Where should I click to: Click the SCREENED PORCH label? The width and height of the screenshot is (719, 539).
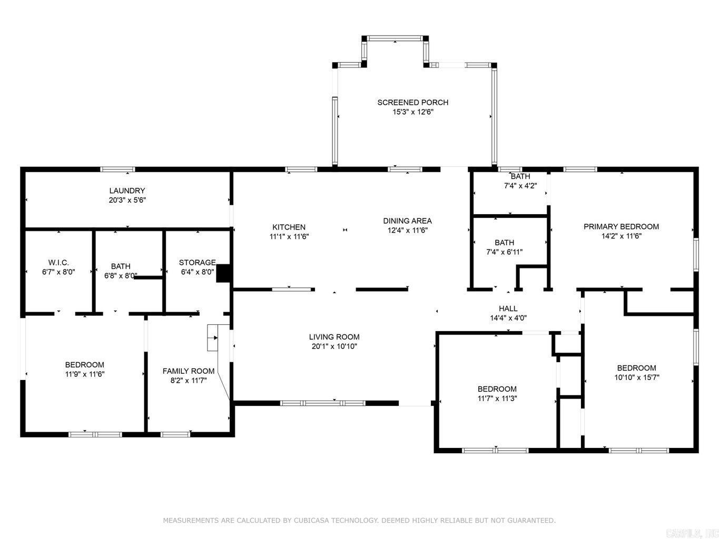(412, 102)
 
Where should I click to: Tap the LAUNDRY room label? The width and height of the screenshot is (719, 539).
(127, 191)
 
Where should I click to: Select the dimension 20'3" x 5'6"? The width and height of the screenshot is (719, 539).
(127, 200)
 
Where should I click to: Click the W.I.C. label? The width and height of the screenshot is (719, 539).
(58, 263)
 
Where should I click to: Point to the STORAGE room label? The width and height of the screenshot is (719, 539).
(197, 263)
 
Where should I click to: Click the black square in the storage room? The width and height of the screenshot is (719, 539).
(224, 273)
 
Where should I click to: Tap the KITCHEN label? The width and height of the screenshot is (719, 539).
(289, 227)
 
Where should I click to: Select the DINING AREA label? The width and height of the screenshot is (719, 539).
(407, 221)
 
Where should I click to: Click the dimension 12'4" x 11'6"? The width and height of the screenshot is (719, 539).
(407, 230)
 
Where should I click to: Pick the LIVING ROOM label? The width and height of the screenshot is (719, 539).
(334, 337)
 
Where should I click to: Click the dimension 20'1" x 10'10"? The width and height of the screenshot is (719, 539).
(334, 346)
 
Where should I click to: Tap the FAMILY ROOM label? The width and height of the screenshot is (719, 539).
(188, 371)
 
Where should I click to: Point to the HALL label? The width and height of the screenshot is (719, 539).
(508, 308)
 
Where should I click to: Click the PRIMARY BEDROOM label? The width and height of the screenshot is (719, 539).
(621, 226)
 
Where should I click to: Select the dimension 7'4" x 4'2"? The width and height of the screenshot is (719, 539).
(520, 185)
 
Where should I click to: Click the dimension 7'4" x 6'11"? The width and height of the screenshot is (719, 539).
(504, 252)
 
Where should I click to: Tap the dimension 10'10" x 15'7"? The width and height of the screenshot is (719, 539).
(636, 377)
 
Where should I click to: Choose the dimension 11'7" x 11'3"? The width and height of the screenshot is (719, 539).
(497, 398)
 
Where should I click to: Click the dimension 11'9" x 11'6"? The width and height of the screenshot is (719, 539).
(84, 374)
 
